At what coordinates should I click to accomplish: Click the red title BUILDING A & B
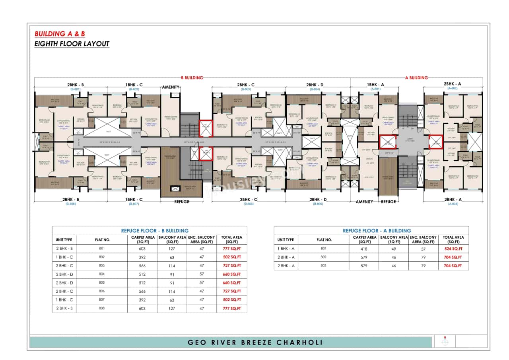point(60,34)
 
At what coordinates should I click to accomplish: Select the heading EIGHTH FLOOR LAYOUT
point(72,44)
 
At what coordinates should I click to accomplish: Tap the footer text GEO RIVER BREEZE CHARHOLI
point(255,342)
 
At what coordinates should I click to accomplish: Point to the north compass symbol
point(445,341)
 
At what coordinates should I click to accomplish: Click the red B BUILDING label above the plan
point(192,78)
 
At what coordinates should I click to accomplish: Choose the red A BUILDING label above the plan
point(416,78)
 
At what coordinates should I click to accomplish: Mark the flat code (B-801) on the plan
point(76,90)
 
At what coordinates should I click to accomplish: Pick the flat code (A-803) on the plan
point(453,204)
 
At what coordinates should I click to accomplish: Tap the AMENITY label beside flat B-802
point(171,87)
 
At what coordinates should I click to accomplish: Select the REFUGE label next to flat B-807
point(182,202)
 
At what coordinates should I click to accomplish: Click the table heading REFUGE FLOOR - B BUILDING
point(155,231)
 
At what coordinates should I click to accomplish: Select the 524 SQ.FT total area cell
point(453,249)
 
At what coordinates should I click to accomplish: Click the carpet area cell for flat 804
point(142,274)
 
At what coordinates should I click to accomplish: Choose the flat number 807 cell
point(102,300)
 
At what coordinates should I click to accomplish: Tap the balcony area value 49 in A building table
point(394,249)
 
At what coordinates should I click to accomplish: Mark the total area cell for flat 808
point(232,308)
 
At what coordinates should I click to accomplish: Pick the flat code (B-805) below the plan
point(318,204)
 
